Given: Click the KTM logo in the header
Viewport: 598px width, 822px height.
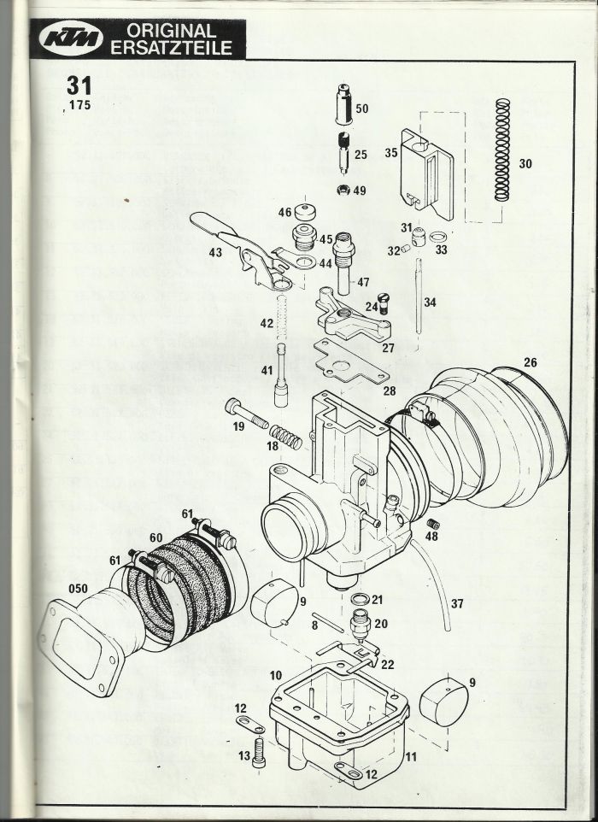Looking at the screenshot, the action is click(x=71, y=39).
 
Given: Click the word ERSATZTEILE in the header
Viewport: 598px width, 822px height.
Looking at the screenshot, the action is click(x=172, y=48).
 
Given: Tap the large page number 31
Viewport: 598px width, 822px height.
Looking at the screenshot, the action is click(x=79, y=85).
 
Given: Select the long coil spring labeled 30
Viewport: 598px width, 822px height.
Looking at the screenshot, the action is click(x=502, y=150).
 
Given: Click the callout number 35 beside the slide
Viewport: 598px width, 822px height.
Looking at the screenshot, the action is click(x=391, y=153).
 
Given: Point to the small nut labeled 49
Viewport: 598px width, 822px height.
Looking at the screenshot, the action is click(x=343, y=189).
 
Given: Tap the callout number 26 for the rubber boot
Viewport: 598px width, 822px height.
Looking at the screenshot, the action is click(x=531, y=362).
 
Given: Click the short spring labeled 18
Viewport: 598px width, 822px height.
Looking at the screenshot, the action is click(x=285, y=437).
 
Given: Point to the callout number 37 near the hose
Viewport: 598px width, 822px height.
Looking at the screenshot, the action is click(x=457, y=603).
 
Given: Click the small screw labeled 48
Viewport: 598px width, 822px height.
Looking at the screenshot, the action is click(x=432, y=523).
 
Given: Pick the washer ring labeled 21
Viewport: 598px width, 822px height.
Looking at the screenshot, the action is click(x=359, y=599).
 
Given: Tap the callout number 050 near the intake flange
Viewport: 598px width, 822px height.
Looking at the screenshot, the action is click(x=78, y=588).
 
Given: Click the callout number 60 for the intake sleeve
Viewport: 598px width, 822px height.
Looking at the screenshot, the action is click(x=155, y=537).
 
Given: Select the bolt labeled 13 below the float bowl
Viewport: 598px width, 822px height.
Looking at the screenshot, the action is click(x=259, y=752).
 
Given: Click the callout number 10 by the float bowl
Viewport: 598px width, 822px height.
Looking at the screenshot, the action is click(x=276, y=675).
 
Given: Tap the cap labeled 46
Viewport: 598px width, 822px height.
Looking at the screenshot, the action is click(x=306, y=212).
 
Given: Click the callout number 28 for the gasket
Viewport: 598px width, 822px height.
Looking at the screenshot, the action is click(x=389, y=390).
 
